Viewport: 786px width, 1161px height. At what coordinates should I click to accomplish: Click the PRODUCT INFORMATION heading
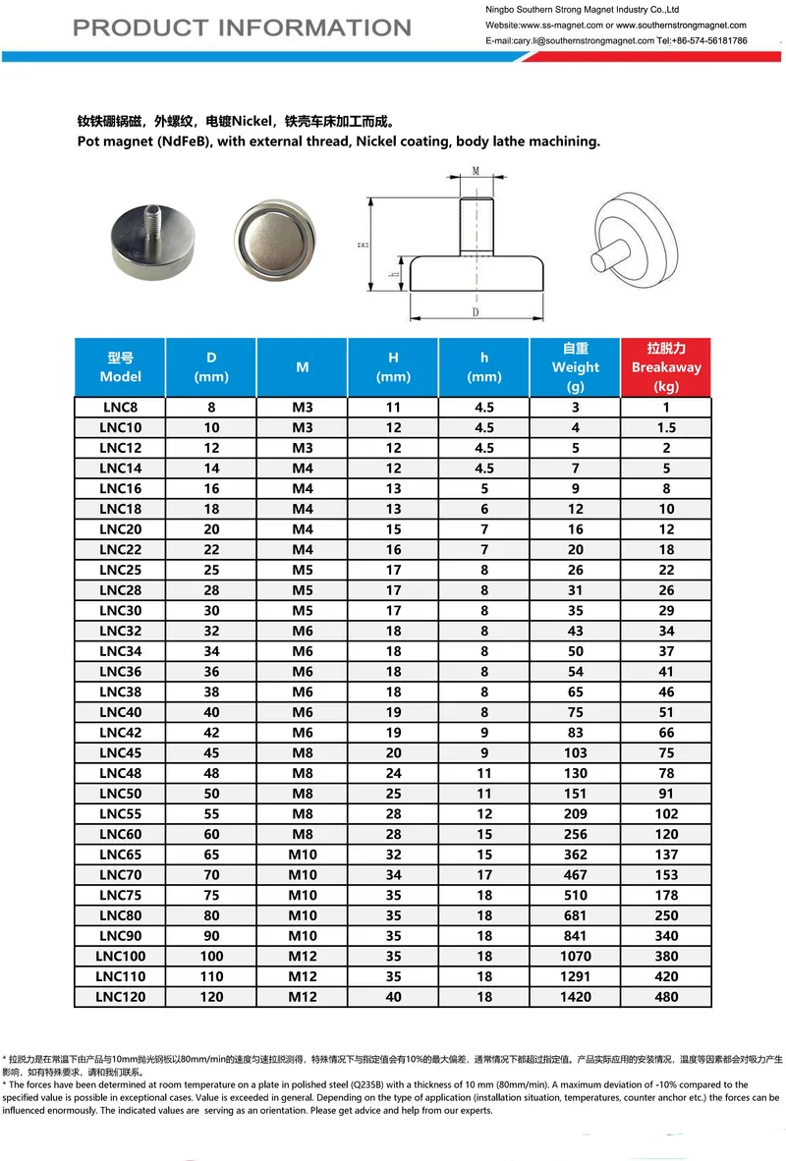(242, 28)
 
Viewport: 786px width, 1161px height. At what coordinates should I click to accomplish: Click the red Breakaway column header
(665, 366)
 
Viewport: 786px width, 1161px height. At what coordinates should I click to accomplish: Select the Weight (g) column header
(575, 366)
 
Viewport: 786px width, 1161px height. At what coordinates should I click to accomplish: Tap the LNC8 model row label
(120, 407)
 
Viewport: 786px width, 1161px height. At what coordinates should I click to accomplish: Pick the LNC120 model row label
(120, 997)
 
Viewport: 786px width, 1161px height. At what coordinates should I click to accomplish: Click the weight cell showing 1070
(575, 956)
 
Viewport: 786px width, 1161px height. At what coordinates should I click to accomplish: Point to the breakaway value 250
(666, 915)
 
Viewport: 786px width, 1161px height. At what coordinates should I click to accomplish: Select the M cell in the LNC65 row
(302, 855)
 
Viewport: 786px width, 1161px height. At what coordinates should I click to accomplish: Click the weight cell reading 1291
(575, 976)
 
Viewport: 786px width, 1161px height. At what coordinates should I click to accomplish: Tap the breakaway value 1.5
(666, 427)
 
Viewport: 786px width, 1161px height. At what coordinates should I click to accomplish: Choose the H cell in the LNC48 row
(393, 773)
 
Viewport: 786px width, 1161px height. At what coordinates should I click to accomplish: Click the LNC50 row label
(120, 794)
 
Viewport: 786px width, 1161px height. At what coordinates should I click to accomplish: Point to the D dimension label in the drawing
(475, 312)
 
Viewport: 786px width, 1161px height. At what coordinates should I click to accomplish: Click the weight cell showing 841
(575, 936)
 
